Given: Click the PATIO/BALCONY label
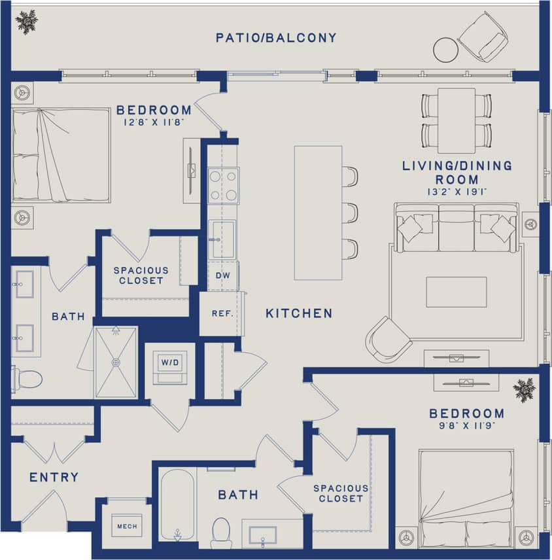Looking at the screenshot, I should coord(276,38).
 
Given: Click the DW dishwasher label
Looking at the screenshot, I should coord(223,276).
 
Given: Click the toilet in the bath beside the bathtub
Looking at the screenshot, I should coord(221,532).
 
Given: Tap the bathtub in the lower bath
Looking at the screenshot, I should coord(177,504).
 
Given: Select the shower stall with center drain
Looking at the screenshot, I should coord(116,362).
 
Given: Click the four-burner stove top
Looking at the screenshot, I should coord(223,185).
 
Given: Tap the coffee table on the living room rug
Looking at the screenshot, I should coord(456,292).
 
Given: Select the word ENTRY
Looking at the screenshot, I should coord(54,478).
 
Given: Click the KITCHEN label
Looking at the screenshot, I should coord(299,314).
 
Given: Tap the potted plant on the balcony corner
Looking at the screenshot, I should coord(27,22).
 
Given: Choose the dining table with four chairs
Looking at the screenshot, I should coord(456,120).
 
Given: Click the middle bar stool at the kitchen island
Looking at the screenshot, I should coord(350,213).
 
